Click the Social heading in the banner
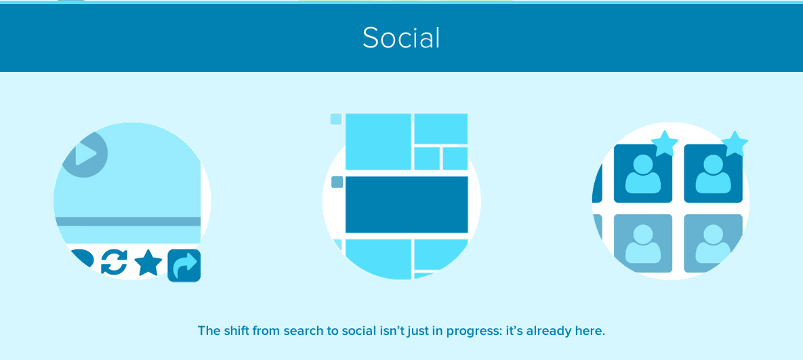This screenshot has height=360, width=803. coord(401,38)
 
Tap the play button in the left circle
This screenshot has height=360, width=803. coord(85,154)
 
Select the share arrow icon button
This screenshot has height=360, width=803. coord(184,265)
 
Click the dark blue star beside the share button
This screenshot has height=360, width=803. coord(148,263)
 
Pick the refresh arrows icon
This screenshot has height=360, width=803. coord(114,262)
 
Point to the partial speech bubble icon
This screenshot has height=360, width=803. coord(82,258)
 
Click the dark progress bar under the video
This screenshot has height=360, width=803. coord(127,221)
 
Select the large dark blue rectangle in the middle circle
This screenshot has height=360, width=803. coord(407,204)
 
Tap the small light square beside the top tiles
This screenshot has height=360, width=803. coord(336,119)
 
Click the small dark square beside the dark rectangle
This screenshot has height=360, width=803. coord(337,182)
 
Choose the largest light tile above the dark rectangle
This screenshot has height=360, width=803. coord(378,141)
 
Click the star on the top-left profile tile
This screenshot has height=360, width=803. coord(664,143)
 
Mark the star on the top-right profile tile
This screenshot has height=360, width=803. coord(735,143)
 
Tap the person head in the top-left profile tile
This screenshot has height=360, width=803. coord(642,165)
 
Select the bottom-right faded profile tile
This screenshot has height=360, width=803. coord(713,243)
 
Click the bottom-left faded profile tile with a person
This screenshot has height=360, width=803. coord(642,243)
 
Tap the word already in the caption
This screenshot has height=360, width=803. coord(562,332)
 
